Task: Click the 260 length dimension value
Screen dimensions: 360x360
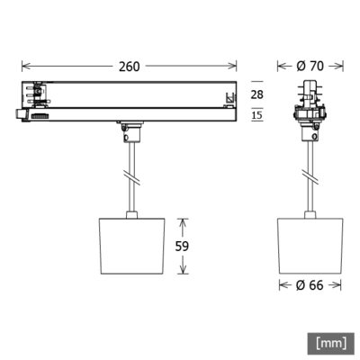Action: tap(130, 66)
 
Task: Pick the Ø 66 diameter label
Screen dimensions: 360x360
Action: tap(310, 285)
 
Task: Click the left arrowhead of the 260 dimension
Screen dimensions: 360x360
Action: tap(24, 66)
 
